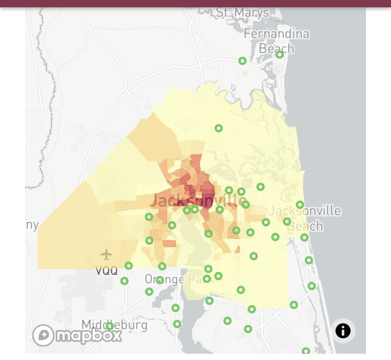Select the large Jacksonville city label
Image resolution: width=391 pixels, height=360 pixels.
(x=198, y=200)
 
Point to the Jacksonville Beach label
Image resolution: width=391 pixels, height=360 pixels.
(x=313, y=219)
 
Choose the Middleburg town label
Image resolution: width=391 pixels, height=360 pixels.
(x=114, y=325)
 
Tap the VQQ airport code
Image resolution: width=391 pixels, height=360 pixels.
(x=106, y=271)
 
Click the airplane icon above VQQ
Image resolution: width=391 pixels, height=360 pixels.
(x=106, y=255)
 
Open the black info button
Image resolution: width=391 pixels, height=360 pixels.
(x=343, y=330)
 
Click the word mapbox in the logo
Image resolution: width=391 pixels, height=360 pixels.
(x=89, y=335)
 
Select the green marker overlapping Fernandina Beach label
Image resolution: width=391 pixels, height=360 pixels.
(x=279, y=54)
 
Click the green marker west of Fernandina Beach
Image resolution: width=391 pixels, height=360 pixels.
(x=242, y=61)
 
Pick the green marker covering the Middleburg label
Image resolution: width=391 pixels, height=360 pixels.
(x=109, y=327)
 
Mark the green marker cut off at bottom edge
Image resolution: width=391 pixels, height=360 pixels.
(x=306, y=352)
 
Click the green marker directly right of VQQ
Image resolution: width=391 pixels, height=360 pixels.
(x=129, y=266)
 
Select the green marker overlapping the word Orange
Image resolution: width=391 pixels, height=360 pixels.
(x=160, y=280)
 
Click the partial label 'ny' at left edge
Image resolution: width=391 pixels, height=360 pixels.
(x=32, y=225)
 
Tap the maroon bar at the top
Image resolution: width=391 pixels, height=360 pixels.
(x=195, y=3)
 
